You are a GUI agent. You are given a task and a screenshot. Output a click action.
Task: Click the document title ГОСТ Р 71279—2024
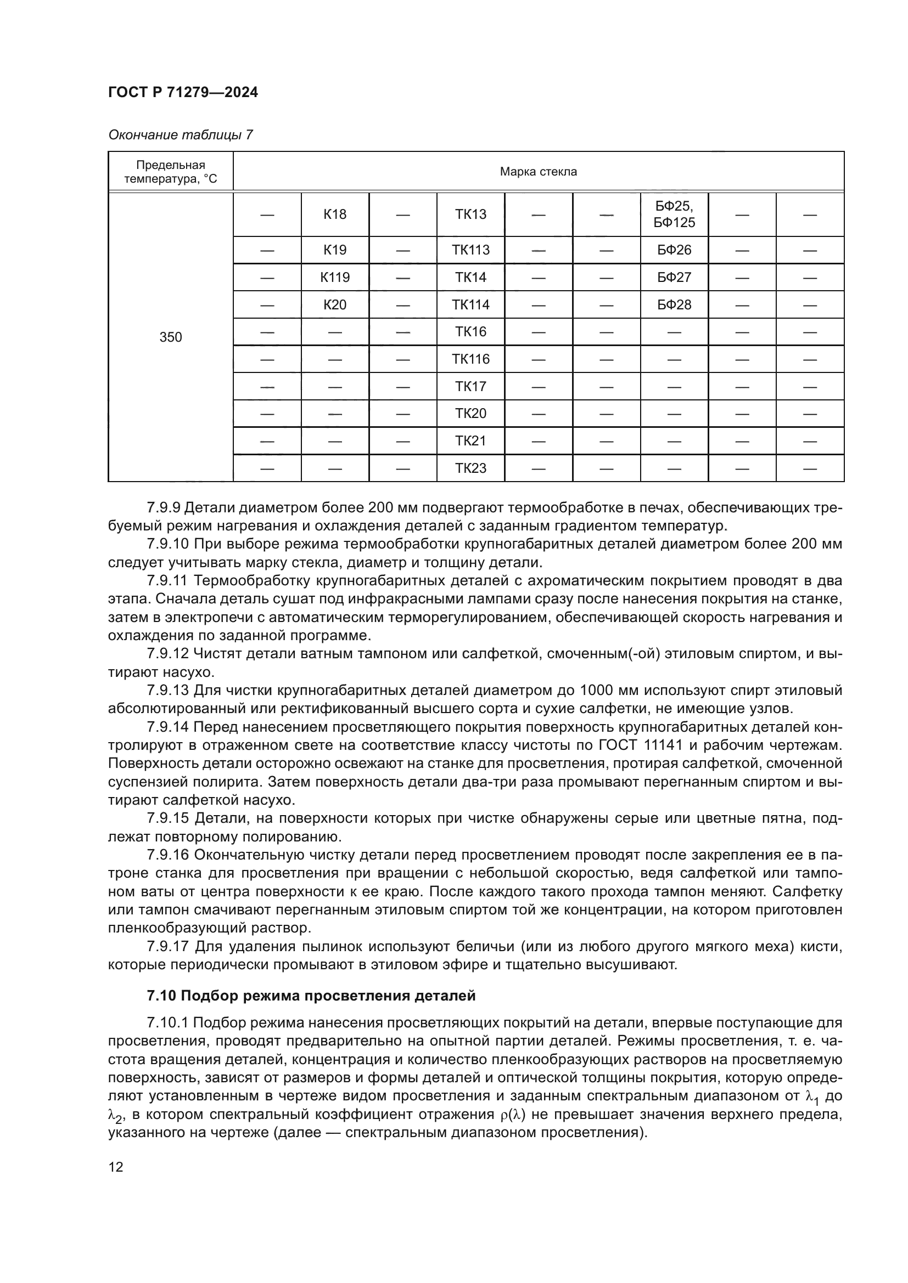[183, 93]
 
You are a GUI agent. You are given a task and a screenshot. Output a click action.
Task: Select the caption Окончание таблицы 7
[180, 135]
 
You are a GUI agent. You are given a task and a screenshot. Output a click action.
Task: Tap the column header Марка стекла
[538, 172]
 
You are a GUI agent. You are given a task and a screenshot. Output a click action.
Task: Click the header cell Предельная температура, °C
[171, 172]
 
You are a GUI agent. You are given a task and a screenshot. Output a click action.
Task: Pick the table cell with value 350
[171, 337]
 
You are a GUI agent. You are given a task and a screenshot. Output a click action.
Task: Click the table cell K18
[335, 214]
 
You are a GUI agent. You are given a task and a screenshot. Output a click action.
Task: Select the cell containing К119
[335, 277]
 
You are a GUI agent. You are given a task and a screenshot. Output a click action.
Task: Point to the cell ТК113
[471, 250]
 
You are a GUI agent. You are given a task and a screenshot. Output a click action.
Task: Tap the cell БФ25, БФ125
[674, 214]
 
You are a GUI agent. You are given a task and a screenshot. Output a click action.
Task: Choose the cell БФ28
[674, 304]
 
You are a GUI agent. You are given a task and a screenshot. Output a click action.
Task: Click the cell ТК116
[471, 359]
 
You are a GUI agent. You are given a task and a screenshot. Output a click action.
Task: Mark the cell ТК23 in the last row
[471, 468]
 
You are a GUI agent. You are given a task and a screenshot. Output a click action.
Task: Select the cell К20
[335, 304]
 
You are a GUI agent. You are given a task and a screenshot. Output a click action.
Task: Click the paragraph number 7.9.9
[163, 507]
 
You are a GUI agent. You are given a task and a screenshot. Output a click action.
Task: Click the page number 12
[116, 1167]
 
